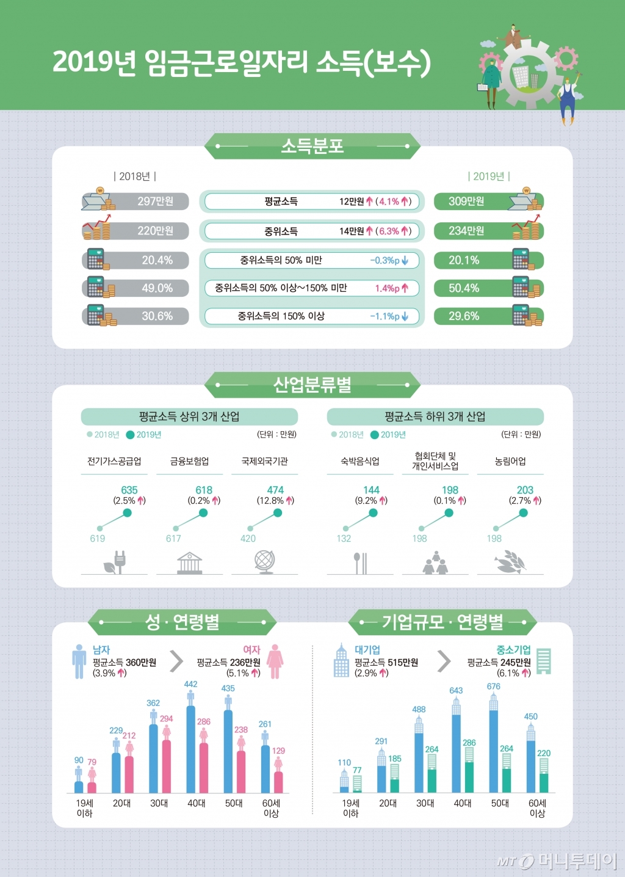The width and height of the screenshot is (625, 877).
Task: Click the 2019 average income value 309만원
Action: coord(466,202)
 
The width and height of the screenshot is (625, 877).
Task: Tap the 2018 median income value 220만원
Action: coord(155,231)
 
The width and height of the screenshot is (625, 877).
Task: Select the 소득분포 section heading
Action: coord(312,146)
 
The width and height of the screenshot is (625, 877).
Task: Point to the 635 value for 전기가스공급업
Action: coord(129,490)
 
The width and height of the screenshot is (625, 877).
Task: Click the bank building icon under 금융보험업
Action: coord(190,562)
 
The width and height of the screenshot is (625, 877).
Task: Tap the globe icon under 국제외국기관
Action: coord(264,562)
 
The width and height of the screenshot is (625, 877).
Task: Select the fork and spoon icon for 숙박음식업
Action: coord(360,562)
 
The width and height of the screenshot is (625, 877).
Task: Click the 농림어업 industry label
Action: coord(510,461)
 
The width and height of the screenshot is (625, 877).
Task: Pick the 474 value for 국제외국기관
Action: coord(275,490)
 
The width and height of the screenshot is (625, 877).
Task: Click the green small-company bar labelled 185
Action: coord(395,785)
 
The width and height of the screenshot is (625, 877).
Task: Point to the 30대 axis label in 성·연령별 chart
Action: coord(159,803)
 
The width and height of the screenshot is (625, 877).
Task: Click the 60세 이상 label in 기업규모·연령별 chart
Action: coord(537,808)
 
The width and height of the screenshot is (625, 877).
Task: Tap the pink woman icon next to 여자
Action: coord(275,661)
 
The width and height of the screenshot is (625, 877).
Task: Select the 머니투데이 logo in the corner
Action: coord(557,861)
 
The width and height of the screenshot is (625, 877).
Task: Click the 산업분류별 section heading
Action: coord(312,385)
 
